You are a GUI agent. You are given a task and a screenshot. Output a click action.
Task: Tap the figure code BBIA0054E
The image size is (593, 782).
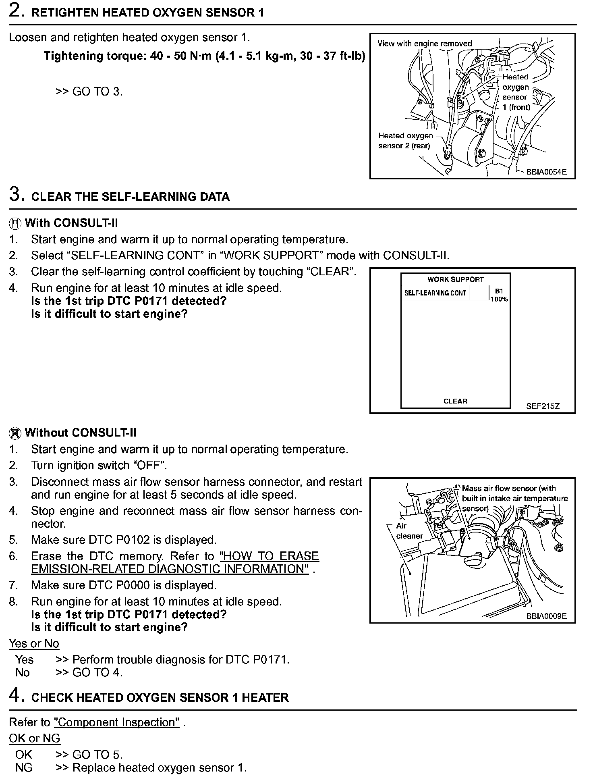point(546,172)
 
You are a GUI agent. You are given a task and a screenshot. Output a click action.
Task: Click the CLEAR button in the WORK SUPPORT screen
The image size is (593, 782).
point(455,401)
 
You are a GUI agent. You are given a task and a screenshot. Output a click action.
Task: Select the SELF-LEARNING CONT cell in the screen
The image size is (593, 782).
point(435,293)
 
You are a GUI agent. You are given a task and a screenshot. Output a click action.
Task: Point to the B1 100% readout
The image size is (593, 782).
point(499,295)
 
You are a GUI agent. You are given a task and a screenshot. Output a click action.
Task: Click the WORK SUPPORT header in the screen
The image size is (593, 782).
point(455,279)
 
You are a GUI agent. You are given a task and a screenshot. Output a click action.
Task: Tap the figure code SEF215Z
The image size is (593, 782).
point(543,406)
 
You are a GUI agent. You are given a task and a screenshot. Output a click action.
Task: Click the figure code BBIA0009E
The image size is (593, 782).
point(546,616)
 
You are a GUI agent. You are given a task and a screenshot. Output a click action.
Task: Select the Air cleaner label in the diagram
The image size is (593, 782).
point(409,531)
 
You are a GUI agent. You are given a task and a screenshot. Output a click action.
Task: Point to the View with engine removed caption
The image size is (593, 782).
point(424,44)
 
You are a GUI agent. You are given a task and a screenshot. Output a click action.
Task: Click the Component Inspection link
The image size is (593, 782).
point(116,722)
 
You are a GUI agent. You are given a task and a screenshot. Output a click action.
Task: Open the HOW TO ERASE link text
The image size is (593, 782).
point(269,556)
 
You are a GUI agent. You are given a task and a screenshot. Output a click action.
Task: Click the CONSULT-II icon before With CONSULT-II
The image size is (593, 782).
point(15,223)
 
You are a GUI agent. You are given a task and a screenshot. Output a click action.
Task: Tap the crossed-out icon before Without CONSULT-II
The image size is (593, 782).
point(15,433)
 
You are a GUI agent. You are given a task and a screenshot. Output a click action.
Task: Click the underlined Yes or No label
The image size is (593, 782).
point(34,643)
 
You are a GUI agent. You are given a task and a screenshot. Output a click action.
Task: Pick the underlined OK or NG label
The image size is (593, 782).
point(34,738)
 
